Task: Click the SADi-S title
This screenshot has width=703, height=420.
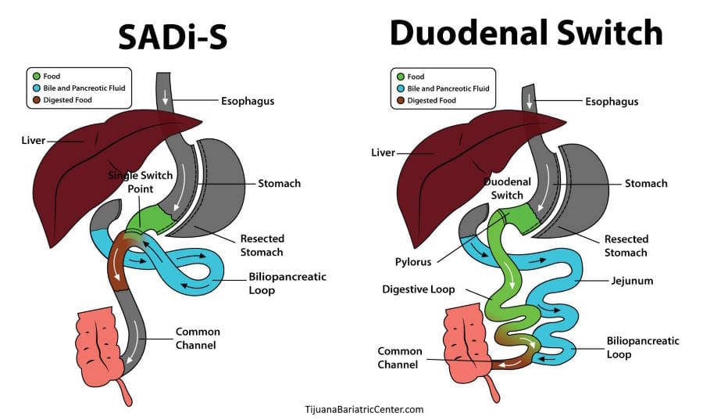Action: pos(173,36)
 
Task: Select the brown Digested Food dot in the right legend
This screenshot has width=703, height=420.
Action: pos(401,100)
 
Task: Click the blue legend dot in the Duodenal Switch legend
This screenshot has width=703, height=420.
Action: pos(401,88)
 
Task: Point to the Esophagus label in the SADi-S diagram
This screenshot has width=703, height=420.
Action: pos(248,101)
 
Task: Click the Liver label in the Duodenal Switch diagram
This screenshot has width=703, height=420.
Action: pos(384,153)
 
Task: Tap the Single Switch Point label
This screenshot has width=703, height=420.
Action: pos(140,182)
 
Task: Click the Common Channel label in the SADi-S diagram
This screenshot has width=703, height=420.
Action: pos(198,338)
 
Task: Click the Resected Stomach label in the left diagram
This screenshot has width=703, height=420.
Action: pos(262,245)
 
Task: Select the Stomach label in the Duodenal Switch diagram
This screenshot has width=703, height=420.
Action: pos(646,184)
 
